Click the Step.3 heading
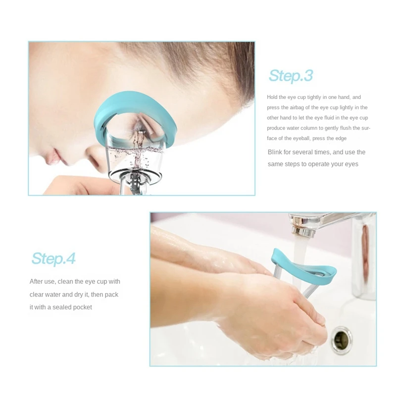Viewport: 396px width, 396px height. (291, 76)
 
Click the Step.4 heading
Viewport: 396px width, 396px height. (53, 258)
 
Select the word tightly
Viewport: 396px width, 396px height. (315, 98)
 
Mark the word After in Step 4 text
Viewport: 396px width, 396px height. (37, 282)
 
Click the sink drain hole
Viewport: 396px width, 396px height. (342, 338)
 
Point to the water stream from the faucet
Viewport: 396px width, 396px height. (299, 252)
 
